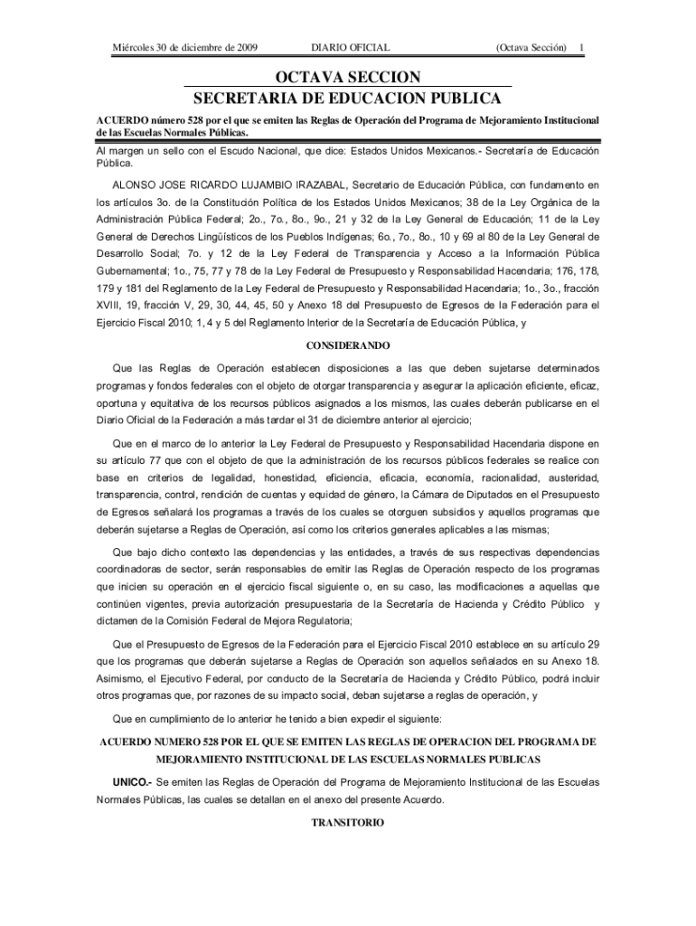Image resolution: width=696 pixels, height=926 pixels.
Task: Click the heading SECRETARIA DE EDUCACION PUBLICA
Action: point(348,98)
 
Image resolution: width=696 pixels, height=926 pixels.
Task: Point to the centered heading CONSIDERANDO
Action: point(348,345)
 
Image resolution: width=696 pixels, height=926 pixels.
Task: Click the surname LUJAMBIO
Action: point(271,184)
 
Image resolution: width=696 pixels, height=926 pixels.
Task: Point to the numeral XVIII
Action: point(110,305)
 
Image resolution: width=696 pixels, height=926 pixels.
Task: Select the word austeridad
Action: point(567,477)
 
